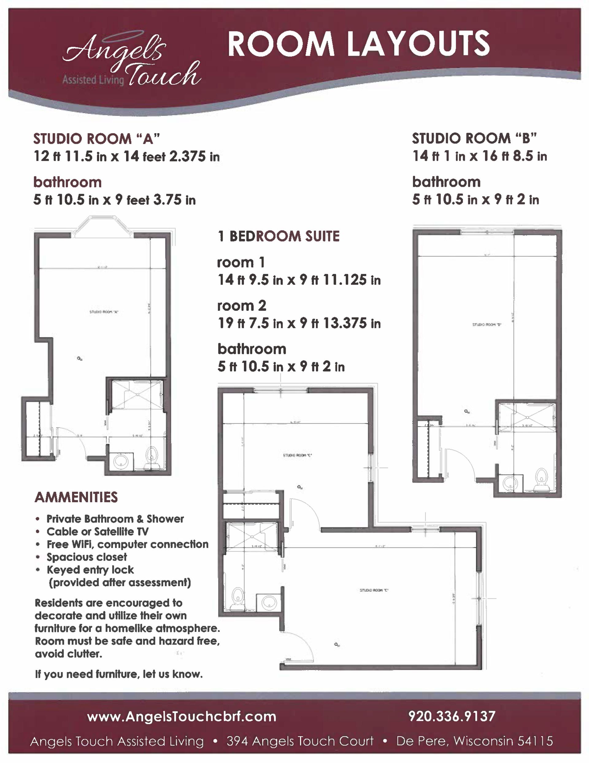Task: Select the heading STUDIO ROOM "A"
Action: click(x=96, y=139)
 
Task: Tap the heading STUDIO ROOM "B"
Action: click(x=474, y=139)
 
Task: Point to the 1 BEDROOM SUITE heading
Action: click(x=278, y=236)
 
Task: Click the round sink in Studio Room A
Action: click(x=121, y=462)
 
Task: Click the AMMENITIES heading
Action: click(x=76, y=497)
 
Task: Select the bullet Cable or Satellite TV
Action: click(x=98, y=532)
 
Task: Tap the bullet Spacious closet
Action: click(x=87, y=557)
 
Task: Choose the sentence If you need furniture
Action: click(x=119, y=674)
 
